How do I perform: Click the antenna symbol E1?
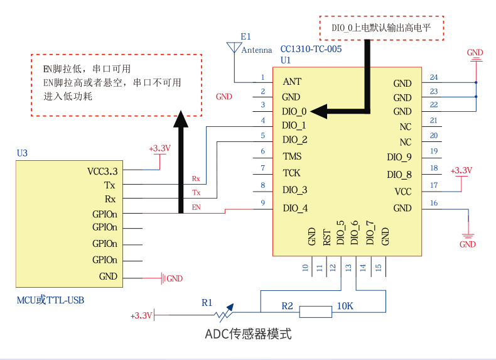point(234,48)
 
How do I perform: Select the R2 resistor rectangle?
point(315,312)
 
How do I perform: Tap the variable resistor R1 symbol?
point(224,312)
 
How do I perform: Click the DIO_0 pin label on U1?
point(294,111)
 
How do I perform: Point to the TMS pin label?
point(292,156)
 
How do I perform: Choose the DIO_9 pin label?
point(399,157)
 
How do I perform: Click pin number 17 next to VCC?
point(434,185)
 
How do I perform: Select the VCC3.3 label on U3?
point(102,172)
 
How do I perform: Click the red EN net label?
point(196,207)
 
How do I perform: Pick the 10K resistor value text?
point(345,306)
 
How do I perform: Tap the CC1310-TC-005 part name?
point(311,49)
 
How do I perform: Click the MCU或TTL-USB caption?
point(50,300)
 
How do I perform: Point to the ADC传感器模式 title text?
point(248,334)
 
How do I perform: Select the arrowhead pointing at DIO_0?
point(318,111)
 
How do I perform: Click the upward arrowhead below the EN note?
point(181,119)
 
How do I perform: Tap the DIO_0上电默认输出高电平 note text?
point(381,28)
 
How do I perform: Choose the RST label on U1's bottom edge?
point(326,237)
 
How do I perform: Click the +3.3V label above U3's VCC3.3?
point(159,148)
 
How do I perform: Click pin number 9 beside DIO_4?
point(263,203)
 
